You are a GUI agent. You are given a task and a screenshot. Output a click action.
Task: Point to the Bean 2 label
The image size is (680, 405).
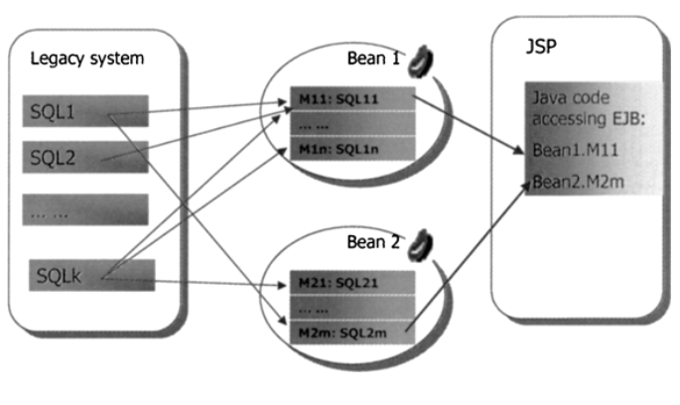pyautogui.click(x=372, y=242)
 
